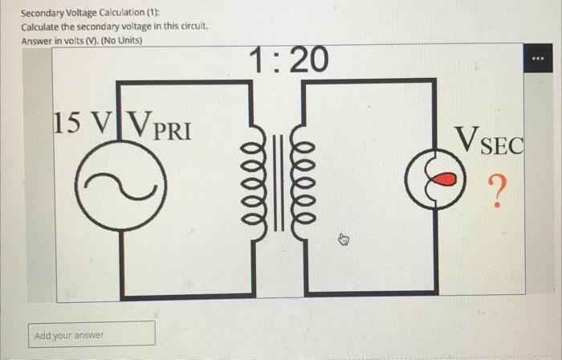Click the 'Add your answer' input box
coord(94,334)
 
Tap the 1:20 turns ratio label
coord(287,59)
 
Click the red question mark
coord(498,192)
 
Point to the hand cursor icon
coord(344,239)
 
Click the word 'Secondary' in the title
coord(44,14)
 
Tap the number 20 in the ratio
coord(307,59)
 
